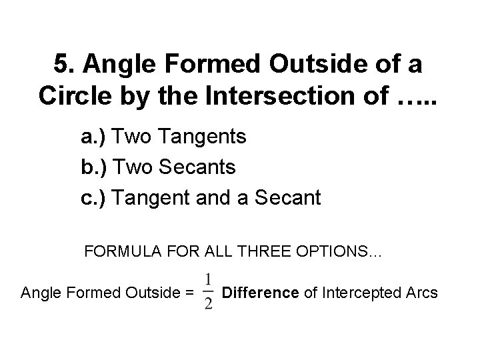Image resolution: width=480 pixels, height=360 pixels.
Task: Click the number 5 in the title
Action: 61,65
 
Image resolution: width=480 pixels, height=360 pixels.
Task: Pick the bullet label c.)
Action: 93,197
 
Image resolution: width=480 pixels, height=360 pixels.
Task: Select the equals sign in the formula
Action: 189,292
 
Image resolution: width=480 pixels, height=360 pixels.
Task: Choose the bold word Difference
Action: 259,291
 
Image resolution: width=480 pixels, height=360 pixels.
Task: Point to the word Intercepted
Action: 358,291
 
